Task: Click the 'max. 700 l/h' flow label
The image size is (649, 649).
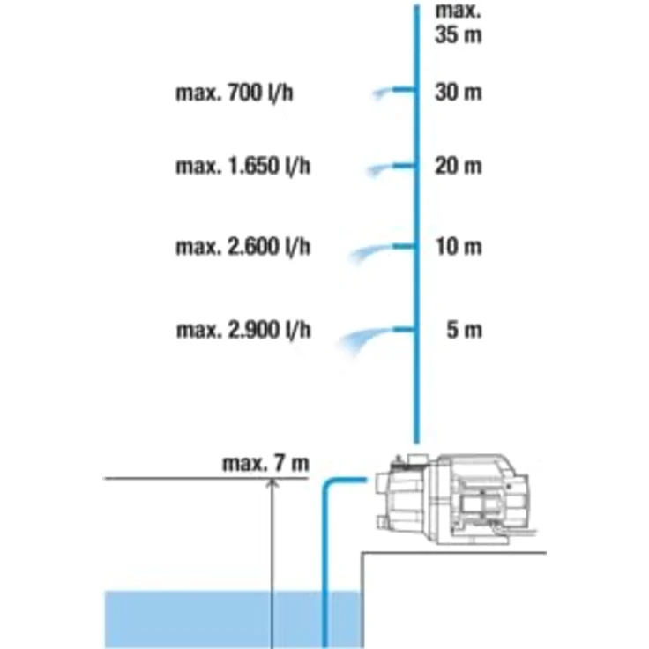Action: pyautogui.click(x=235, y=93)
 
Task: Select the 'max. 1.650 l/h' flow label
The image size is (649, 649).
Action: pyautogui.click(x=243, y=166)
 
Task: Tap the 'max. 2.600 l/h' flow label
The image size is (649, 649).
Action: pyautogui.click(x=243, y=247)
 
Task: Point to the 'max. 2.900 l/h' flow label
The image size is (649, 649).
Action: pyautogui.click(x=243, y=331)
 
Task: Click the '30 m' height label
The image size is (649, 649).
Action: pyautogui.click(x=459, y=92)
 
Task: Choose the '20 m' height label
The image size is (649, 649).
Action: pyautogui.click(x=459, y=166)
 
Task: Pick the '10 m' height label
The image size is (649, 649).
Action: pyautogui.click(x=459, y=247)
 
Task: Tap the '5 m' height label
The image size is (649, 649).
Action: pyautogui.click(x=465, y=331)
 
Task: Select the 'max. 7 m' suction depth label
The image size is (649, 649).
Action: pyautogui.click(x=265, y=464)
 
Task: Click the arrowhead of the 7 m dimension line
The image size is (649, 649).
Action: pyautogui.click(x=272, y=482)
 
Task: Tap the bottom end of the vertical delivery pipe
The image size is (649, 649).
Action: pyautogui.click(x=417, y=441)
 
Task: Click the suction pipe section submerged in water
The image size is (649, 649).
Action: pyautogui.click(x=324, y=619)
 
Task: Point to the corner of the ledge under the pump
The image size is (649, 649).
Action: pyautogui.click(x=363, y=553)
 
